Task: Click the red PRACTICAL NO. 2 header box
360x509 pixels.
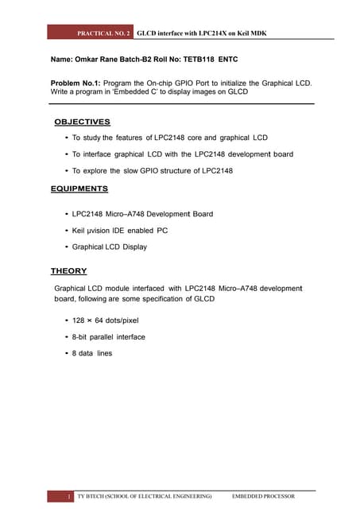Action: point(91,34)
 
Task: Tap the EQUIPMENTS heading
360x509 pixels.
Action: point(79,188)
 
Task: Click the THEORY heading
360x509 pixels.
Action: point(68,271)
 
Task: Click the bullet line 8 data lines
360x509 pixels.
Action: point(91,352)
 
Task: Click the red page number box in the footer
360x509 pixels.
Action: point(57,496)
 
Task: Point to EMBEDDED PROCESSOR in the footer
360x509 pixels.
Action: point(262,496)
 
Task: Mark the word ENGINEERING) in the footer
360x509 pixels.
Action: point(188,496)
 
